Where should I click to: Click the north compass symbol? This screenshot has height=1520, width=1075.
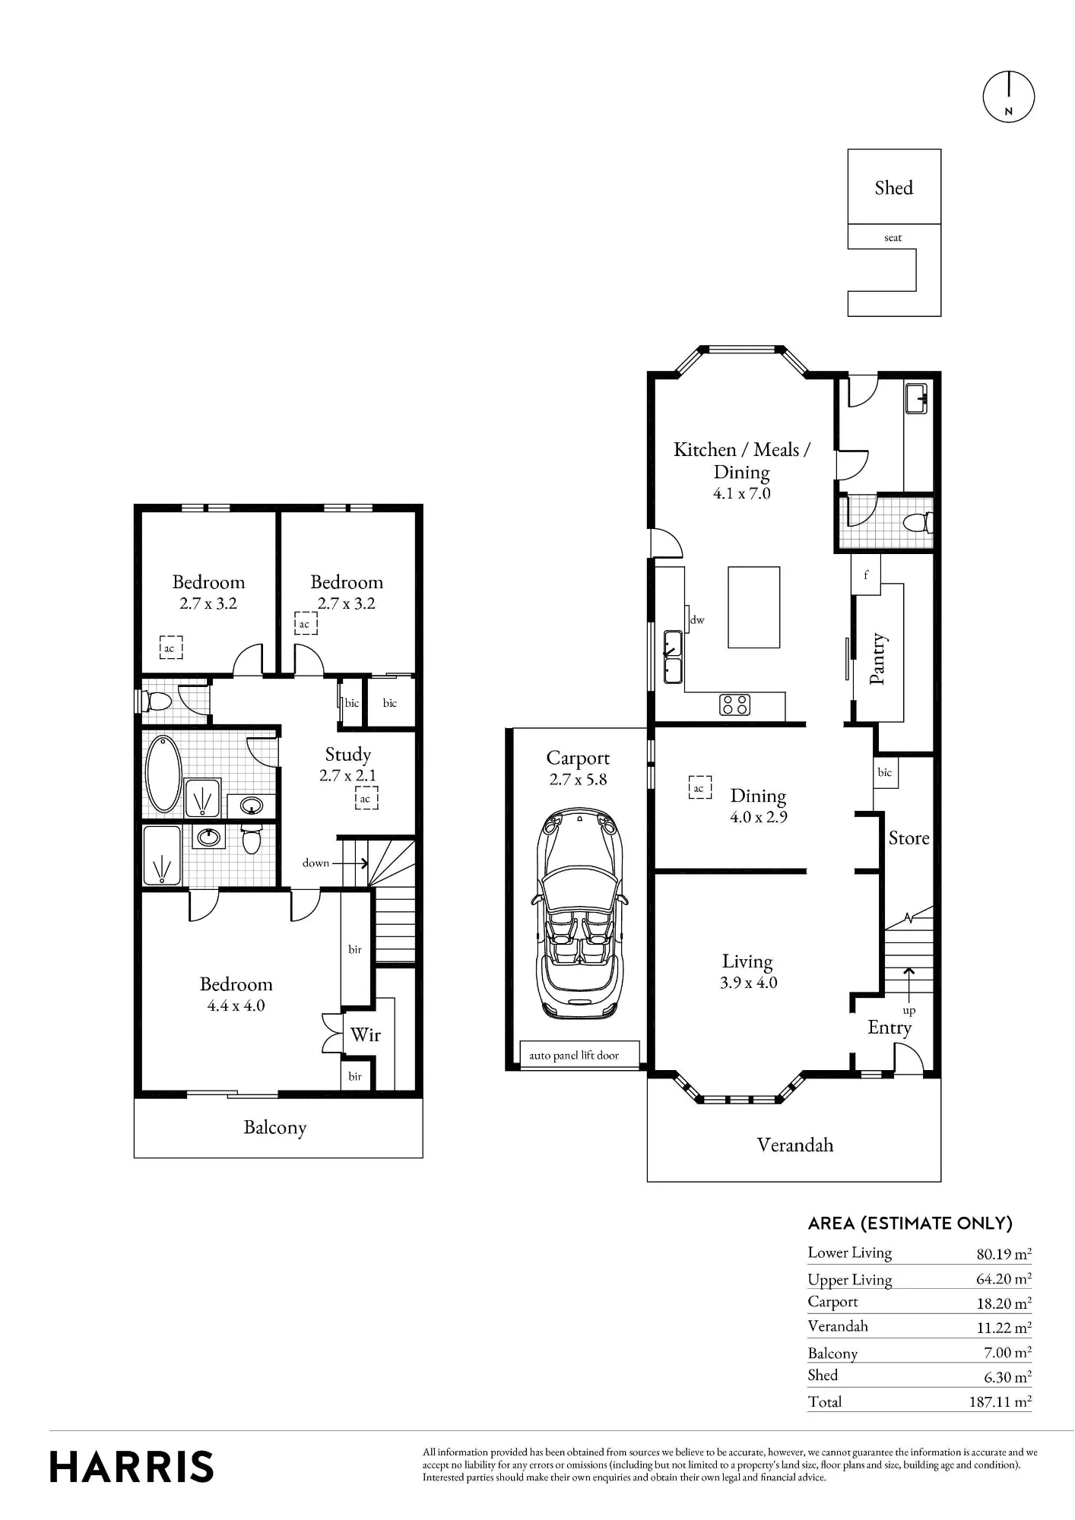click(x=1008, y=97)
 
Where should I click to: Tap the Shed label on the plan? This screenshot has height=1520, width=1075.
click(x=893, y=188)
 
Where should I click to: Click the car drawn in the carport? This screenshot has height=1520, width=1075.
click(x=580, y=914)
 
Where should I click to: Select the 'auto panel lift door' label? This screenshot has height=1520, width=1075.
click(x=574, y=1055)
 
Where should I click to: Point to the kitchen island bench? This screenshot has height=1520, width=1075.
click(x=753, y=607)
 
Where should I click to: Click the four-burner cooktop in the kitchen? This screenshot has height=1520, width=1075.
click(x=734, y=705)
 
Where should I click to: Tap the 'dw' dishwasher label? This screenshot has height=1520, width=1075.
click(x=697, y=620)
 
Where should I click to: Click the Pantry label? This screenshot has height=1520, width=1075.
click(x=877, y=658)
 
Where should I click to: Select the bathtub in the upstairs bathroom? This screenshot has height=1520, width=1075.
click(x=163, y=774)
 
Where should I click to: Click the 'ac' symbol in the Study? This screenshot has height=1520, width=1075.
click(x=366, y=798)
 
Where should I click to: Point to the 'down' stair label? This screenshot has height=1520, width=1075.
click(x=316, y=863)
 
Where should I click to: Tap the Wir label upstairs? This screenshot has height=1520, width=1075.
click(x=366, y=1034)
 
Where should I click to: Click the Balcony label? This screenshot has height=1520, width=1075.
click(x=275, y=1127)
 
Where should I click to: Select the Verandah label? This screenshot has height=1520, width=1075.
click(x=795, y=1145)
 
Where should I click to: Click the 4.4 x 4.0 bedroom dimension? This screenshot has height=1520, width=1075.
click(x=236, y=1005)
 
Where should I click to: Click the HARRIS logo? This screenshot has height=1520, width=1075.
click(x=132, y=1467)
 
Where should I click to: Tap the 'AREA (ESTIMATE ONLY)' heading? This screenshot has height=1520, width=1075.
click(x=910, y=1223)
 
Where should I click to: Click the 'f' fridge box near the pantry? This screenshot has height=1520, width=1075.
click(x=865, y=575)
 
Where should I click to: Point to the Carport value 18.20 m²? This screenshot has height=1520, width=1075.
click(x=1004, y=1303)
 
